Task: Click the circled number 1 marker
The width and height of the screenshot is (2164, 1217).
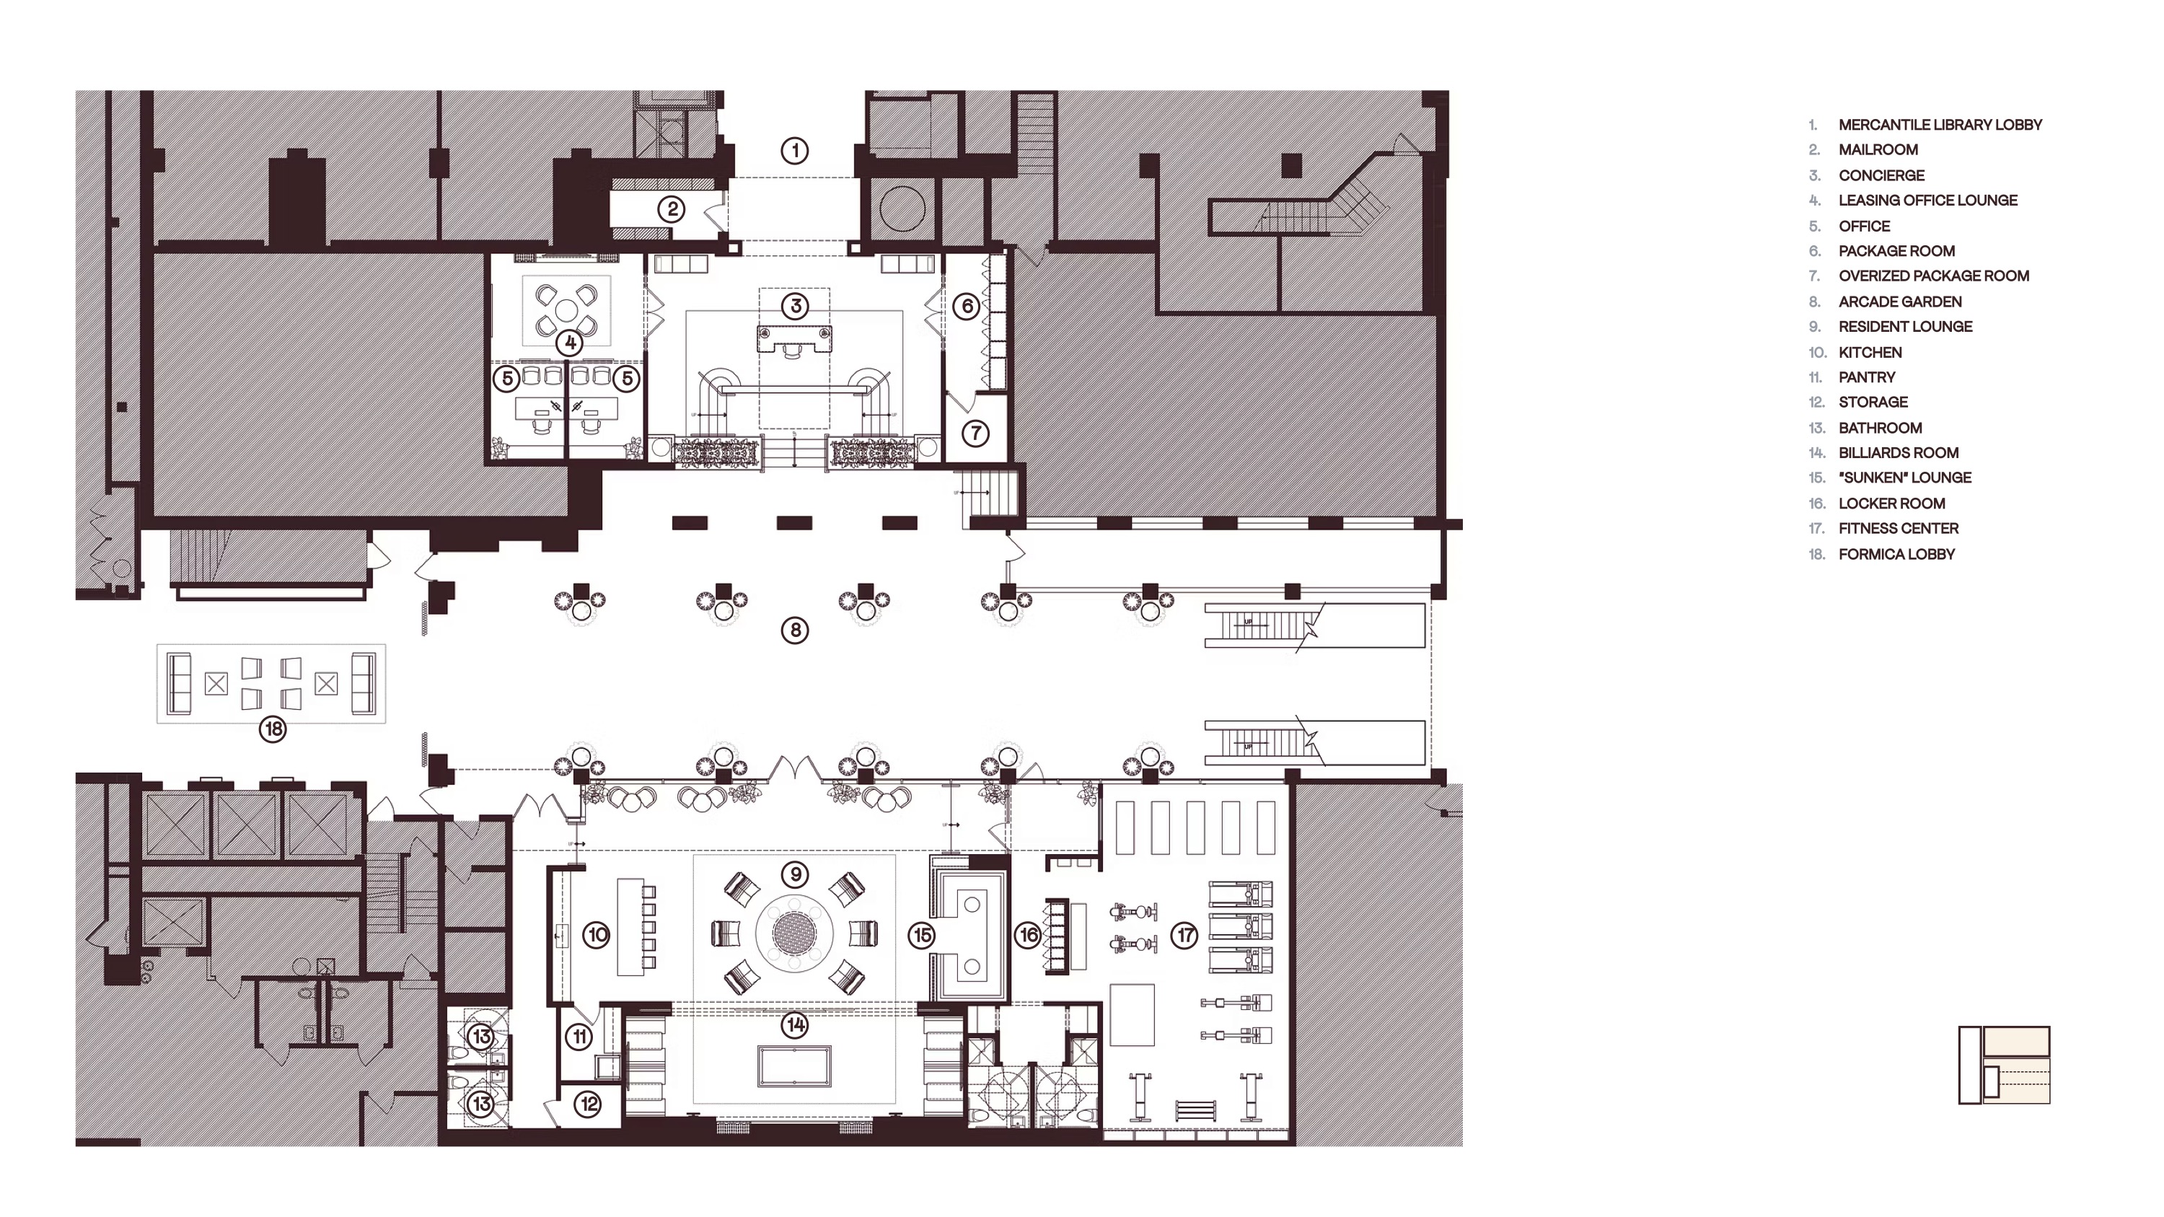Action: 795,151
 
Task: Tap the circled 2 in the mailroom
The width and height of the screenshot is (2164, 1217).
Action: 672,209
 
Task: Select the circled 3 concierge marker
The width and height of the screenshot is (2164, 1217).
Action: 796,306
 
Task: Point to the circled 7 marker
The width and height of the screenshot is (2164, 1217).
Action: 975,434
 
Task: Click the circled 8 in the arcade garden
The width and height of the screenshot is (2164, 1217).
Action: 795,630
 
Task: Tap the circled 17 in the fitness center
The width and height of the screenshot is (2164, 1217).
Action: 1184,935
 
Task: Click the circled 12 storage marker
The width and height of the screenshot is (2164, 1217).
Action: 588,1104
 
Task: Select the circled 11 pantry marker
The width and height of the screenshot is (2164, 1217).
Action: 579,1037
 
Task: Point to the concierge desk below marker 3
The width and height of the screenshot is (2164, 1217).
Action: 795,339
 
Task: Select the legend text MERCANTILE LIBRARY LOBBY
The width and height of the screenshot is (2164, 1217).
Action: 1940,125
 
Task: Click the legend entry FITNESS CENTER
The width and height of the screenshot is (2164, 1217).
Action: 1899,528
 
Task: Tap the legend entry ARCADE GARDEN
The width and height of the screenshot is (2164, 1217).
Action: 1900,302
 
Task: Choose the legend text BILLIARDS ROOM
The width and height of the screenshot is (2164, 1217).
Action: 1899,453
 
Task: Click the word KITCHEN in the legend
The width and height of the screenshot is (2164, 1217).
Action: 1870,352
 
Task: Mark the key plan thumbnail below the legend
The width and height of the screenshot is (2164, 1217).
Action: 2005,1064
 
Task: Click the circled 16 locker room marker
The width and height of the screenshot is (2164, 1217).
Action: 1028,935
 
